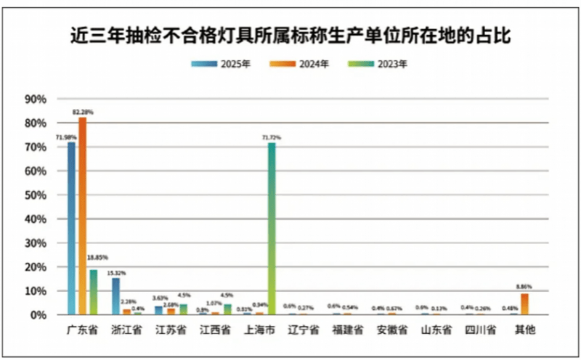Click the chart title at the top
[290, 35]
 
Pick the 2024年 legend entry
[300, 64]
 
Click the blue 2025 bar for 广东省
[71, 228]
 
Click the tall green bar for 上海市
[272, 228]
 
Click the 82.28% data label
[83, 112]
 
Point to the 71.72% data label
[272, 136]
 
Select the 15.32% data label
[116, 273]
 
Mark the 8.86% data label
[525, 288]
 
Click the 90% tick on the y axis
[36, 99]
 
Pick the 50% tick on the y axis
[36, 195]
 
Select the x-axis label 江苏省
[171, 330]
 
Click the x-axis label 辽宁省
[303, 330]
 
